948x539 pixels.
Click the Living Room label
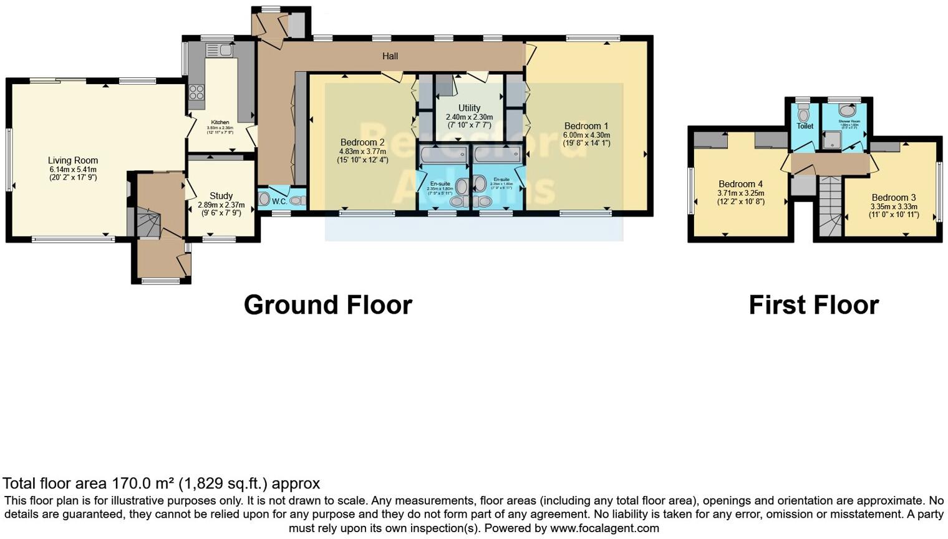tap(73, 160)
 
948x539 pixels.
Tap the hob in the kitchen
tap(196, 92)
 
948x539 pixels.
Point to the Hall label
tap(390, 56)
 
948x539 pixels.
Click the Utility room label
tap(469, 108)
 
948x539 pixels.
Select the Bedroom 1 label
tap(586, 126)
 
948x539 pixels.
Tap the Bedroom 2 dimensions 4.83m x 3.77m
tap(362, 152)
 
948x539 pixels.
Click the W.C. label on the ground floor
tap(279, 202)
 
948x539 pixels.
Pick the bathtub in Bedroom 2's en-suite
tap(443, 154)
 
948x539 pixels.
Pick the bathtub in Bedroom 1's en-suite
tap(497, 154)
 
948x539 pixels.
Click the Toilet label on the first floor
tap(805, 126)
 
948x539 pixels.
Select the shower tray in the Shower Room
tap(832, 140)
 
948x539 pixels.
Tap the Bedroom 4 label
tap(740, 184)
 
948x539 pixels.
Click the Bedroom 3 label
tap(894, 198)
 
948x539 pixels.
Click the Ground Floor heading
tap(327, 305)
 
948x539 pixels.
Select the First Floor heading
tap(813, 305)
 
